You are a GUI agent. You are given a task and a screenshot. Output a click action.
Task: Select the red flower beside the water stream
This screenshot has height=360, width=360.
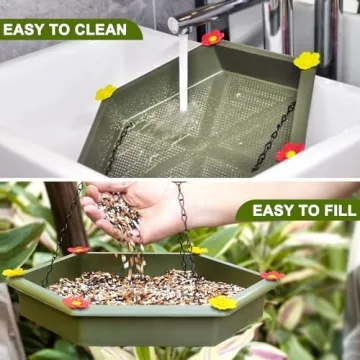pyautogui.click(x=211, y=38)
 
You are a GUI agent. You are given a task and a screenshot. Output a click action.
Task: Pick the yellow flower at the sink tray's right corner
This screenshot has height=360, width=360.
pyautogui.click(x=307, y=60)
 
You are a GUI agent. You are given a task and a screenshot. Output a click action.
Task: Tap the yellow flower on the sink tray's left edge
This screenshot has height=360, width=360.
pyautogui.click(x=105, y=92)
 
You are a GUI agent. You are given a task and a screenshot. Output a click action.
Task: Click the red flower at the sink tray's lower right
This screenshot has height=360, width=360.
pyautogui.click(x=289, y=152)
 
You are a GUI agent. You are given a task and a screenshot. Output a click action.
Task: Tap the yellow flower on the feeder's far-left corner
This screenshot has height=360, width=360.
pyautogui.click(x=13, y=271)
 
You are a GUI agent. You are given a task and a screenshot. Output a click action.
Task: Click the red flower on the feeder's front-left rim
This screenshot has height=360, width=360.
pyautogui.click(x=76, y=302)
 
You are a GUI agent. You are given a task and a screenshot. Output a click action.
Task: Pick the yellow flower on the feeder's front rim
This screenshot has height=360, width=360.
pyautogui.click(x=222, y=302)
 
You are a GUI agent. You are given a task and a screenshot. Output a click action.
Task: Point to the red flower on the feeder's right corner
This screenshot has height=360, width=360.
pyautogui.click(x=272, y=274)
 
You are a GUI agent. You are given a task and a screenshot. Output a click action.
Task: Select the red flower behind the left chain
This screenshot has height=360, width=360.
pyautogui.click(x=77, y=249)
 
